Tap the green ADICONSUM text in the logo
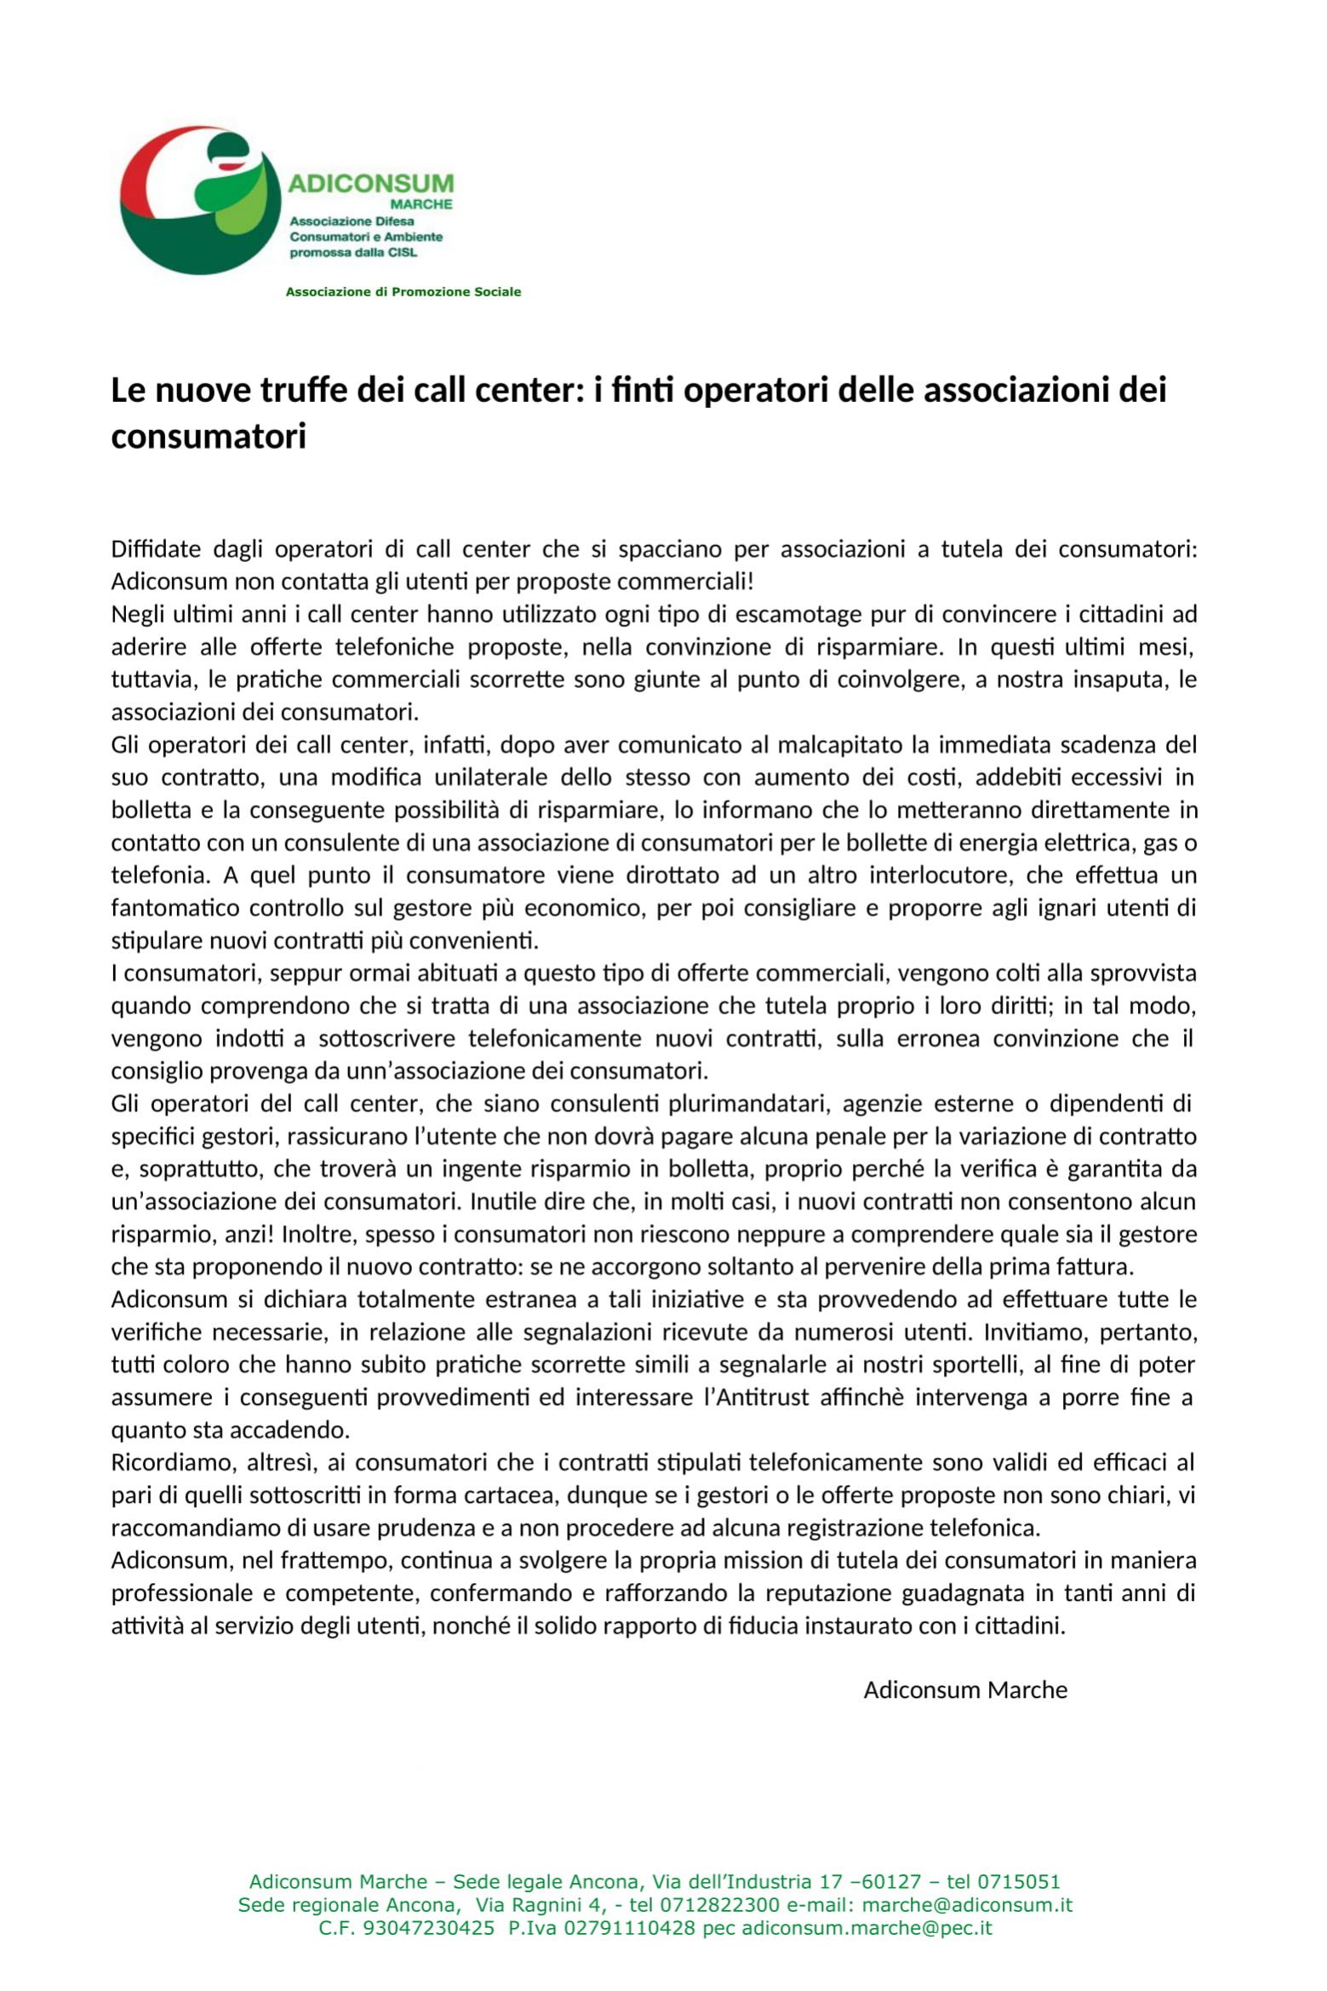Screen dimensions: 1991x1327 pos(371,183)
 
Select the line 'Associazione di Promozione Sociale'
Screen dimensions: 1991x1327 pos(403,292)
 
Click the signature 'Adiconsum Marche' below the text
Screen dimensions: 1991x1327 pos(965,1690)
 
